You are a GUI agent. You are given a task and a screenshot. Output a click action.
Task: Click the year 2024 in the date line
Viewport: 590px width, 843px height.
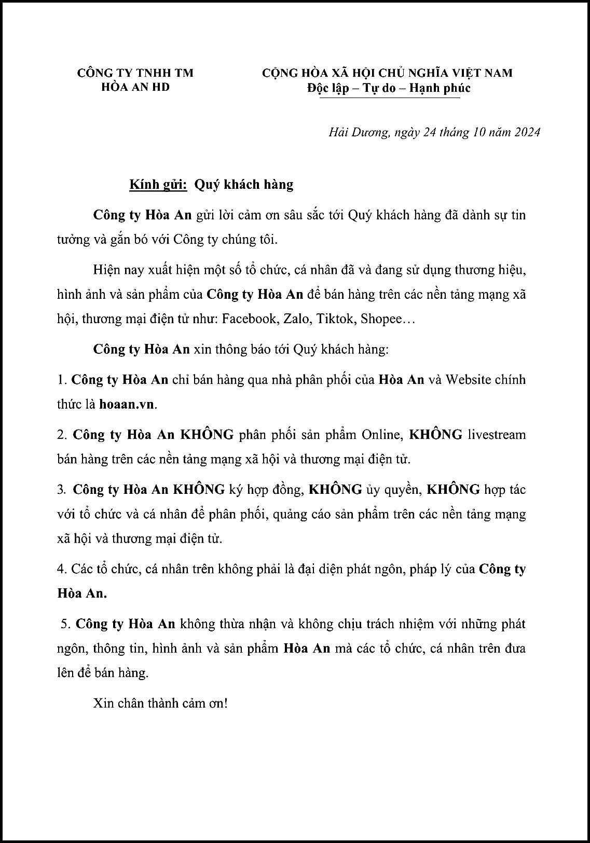(527, 132)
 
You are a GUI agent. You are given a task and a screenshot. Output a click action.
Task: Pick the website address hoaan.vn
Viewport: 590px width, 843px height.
(127, 404)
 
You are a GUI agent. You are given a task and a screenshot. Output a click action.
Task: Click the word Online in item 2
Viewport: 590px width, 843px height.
(382, 434)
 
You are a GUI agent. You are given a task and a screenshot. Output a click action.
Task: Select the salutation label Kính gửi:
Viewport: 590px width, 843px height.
(158, 185)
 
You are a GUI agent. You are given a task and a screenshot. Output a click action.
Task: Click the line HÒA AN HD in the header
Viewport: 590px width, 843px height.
(135, 87)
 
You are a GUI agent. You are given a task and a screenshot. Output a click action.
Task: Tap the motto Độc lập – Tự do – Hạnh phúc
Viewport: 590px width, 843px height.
(389, 88)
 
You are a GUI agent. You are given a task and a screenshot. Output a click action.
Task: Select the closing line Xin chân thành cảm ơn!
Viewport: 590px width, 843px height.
(160, 703)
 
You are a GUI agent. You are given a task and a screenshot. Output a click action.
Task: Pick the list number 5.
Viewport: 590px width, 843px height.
(65, 624)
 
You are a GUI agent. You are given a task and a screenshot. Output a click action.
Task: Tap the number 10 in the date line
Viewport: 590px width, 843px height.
(477, 132)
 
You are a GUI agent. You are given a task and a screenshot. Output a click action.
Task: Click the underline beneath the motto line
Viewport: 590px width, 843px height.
(389, 97)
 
